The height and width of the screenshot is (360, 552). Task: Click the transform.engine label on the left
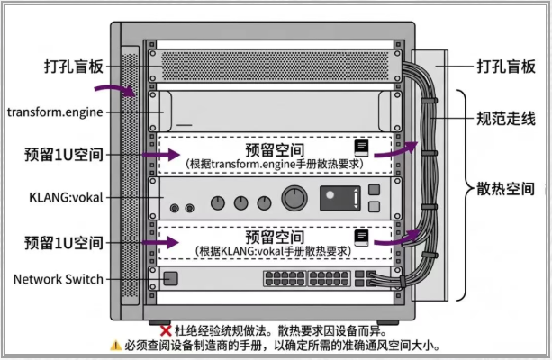tap(55, 112)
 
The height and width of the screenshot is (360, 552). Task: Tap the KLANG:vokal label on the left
tap(66, 197)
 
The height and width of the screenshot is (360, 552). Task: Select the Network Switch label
tap(59, 279)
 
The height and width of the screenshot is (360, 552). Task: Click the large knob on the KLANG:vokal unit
tap(294, 198)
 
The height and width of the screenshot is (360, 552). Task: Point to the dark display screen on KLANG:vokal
tap(340, 198)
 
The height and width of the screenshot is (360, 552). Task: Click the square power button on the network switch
tap(171, 278)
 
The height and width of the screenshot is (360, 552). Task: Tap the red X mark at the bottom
tap(166, 331)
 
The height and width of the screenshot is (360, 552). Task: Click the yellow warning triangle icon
tap(115, 346)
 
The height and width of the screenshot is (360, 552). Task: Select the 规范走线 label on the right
tap(506, 119)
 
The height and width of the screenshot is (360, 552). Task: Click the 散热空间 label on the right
tap(505, 189)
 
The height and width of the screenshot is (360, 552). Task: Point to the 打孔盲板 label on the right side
tap(506, 67)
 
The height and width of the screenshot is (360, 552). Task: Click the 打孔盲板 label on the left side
tap(74, 67)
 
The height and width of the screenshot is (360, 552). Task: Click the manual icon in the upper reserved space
tap(361, 148)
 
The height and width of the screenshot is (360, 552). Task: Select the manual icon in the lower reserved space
tap(361, 238)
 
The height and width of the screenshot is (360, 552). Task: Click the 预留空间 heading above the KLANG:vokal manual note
tap(275, 238)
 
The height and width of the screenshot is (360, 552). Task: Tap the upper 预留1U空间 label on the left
tap(64, 155)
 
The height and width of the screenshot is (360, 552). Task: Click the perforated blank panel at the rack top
tap(275, 67)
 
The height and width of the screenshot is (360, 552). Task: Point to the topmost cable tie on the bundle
tap(430, 101)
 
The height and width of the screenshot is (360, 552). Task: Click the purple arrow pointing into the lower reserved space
tap(160, 242)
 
